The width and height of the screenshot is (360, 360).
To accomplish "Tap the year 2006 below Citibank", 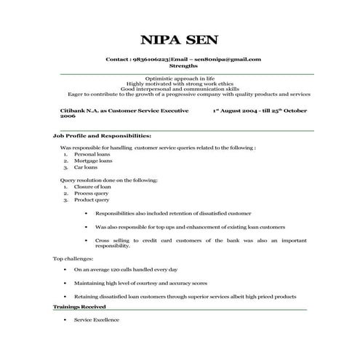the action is point(67,116).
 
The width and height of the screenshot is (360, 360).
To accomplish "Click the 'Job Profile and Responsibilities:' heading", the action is point(102,136).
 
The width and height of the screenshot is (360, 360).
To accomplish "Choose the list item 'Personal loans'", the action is point(90,156).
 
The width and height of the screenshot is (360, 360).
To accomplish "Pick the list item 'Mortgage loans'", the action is point(92,161).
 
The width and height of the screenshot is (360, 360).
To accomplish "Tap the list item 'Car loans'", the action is point(86,167).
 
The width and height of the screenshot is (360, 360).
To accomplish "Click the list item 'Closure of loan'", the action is point(92,188).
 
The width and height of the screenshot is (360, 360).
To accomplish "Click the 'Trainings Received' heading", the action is point(84,308).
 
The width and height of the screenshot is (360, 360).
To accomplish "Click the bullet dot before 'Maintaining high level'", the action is point(67,283).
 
